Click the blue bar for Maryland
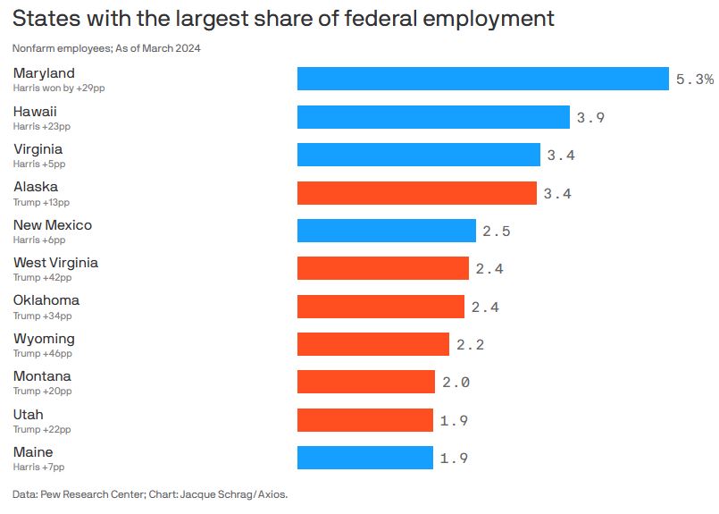coord(482,79)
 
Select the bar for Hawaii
coord(433,117)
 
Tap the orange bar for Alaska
coord(416,193)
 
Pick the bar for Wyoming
coord(372,344)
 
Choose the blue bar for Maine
coord(364,458)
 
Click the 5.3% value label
coord(694,80)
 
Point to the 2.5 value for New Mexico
coord(497,232)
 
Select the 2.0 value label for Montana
coord(456,383)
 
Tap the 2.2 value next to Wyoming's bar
coord(470,345)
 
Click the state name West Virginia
coord(55,263)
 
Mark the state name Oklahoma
coord(46,300)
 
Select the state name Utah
coord(28,414)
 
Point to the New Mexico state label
coord(52,225)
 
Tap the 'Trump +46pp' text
coord(42,354)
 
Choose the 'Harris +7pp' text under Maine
coord(38,467)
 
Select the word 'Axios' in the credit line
coord(272,494)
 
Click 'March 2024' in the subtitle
coord(174,48)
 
